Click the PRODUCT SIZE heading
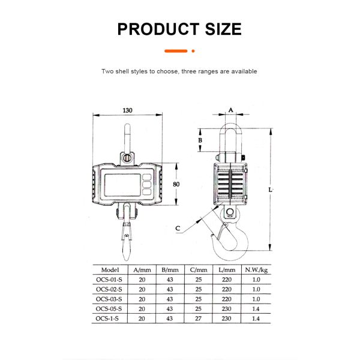[179, 28]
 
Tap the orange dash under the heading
[179, 51]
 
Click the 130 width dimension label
[127, 110]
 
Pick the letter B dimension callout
[202, 140]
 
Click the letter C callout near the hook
[178, 229]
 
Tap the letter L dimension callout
[271, 190]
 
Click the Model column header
[111, 270]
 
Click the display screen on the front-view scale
[122, 184]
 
